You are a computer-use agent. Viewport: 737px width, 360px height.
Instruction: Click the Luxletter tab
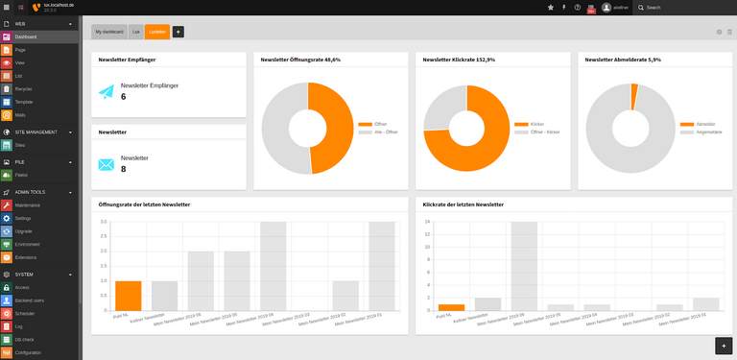157,32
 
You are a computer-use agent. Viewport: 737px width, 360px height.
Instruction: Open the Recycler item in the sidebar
24,88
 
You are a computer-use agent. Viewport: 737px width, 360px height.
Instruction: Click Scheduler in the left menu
25,313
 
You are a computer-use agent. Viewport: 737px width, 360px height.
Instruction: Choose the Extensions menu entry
26,257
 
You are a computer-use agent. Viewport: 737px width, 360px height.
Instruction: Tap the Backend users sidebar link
30,300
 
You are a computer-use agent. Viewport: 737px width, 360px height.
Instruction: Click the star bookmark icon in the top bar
550,7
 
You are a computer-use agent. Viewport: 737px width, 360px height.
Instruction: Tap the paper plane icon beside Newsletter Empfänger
107,92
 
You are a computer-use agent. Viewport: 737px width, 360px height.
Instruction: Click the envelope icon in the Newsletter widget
107,164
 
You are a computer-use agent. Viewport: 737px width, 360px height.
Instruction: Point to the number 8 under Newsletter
124,169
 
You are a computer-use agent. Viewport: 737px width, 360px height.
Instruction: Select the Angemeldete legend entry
695,132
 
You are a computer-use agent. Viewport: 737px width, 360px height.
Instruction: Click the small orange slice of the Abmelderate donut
634,95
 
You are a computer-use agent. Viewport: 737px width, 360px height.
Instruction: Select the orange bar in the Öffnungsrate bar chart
128,295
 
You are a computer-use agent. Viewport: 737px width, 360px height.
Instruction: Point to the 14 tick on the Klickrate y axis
428,223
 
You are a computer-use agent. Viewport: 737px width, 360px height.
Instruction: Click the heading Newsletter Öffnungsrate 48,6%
301,60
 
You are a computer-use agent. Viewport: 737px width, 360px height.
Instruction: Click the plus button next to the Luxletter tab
178,32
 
